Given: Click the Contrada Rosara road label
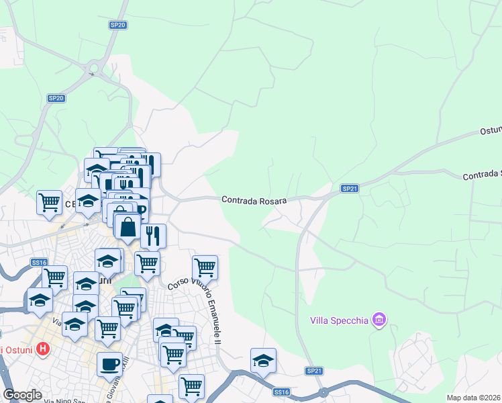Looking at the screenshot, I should pos(254,200).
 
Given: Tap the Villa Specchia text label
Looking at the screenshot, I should pos(339,320).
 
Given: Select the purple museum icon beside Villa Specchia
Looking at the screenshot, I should pos(379,320).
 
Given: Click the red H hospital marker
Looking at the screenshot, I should pos(43,349).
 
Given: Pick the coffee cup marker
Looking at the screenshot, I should pos(109,365).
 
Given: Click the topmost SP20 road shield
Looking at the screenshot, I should pos(118,25).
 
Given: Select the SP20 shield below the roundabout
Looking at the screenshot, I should pos(56,98).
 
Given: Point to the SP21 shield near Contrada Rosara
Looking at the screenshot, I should pos(349,189).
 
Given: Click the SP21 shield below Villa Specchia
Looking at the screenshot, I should pos(315,371).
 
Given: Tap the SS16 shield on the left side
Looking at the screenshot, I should pos(39,263).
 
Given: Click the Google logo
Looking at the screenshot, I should pos(22,395).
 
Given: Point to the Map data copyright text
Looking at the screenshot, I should pos(474,398).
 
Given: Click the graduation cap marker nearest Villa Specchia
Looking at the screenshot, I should pos(263,361).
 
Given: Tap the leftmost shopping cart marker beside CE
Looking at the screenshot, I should pos(50,202).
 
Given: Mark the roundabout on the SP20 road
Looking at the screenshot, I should pos(92,66).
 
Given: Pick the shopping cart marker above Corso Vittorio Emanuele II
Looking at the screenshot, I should pos(205,268).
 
